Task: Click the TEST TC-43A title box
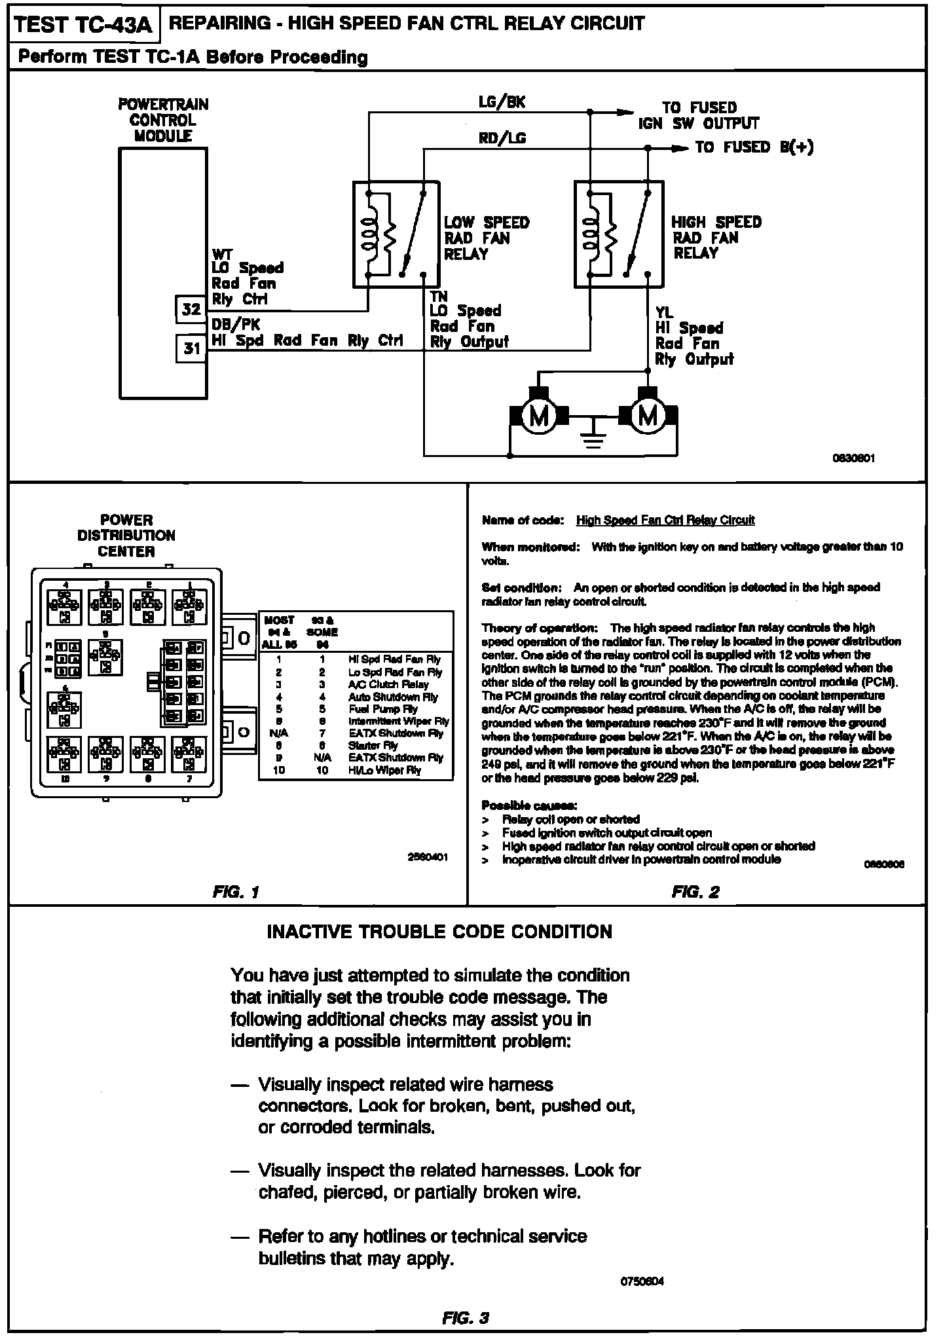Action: (83, 25)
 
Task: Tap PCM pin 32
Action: (191, 309)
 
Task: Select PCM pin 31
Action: (191, 348)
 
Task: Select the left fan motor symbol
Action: (538, 416)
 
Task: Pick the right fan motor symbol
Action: (648, 416)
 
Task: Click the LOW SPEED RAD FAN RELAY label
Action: (486, 238)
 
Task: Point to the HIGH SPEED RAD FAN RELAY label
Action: (716, 238)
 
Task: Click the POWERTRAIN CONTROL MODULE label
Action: (163, 120)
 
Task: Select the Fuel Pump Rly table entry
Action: (382, 709)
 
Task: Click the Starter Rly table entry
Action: (373, 746)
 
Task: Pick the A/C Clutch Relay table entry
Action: (388, 684)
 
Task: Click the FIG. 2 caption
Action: (695, 892)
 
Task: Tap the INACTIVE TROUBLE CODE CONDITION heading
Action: (439, 932)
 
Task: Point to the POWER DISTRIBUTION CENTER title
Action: (126, 536)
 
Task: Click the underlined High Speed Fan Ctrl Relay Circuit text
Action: (665, 521)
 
